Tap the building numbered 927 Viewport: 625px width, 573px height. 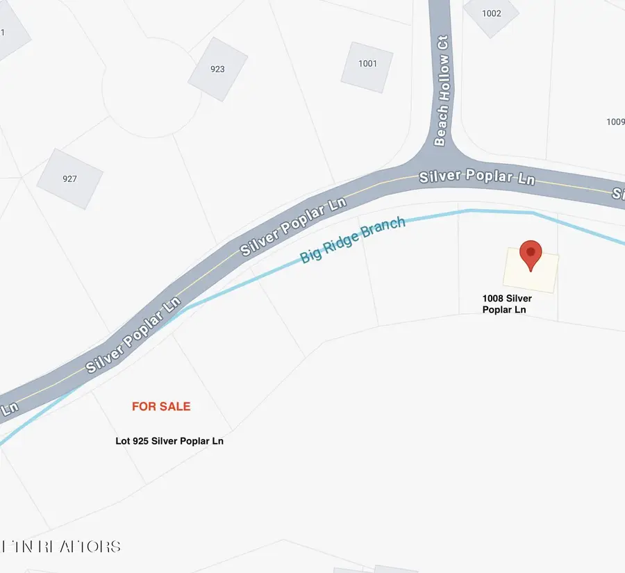tap(69, 178)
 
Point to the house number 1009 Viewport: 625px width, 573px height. tap(615, 122)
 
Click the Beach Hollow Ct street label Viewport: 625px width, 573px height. tap(442, 90)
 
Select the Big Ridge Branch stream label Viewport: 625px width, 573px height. tap(352, 240)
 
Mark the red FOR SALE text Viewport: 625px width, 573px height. tap(161, 406)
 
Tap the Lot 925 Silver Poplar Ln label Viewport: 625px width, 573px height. tap(169, 441)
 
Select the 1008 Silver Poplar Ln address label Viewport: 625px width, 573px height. tap(507, 304)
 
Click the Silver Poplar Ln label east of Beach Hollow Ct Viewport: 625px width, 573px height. tap(477, 177)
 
